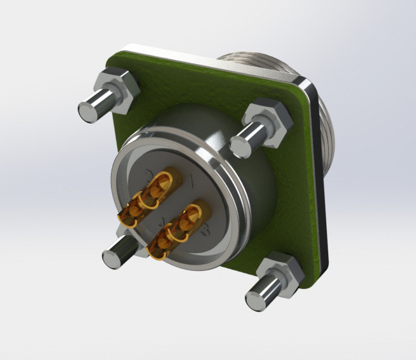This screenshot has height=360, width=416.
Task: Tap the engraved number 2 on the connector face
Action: click(150, 175)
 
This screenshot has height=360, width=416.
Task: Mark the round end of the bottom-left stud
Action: click(112, 258)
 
